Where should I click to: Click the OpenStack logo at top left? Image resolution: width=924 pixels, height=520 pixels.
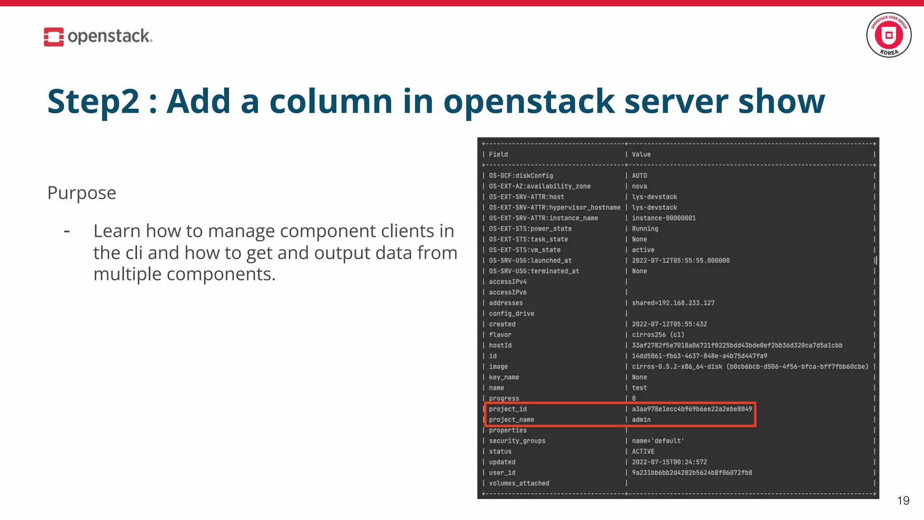click(98, 37)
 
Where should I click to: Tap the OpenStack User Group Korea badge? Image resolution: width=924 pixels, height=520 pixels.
click(888, 35)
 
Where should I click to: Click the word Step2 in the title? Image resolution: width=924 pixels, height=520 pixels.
click(93, 102)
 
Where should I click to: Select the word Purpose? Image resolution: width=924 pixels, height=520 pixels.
click(82, 193)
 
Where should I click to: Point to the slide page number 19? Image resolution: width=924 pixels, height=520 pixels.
click(903, 500)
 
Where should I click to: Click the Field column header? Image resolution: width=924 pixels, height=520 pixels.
click(498, 154)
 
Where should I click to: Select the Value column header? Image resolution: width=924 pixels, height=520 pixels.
click(641, 154)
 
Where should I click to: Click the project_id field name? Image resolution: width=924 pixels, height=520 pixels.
click(508, 409)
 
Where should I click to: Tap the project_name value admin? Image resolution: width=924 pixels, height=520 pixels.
click(641, 420)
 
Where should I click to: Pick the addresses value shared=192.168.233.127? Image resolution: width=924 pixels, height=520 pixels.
click(673, 303)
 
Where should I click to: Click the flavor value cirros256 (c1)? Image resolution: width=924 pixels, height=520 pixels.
click(658, 335)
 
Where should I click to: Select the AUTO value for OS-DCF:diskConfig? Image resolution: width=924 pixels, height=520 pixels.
click(639, 176)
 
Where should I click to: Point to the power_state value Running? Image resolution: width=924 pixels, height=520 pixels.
click(645, 229)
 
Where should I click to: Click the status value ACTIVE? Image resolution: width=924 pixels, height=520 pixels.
click(643, 451)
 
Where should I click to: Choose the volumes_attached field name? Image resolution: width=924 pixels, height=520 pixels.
click(519, 483)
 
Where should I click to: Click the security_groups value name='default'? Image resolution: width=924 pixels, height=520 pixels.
click(658, 441)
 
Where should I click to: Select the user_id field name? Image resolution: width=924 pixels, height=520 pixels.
click(502, 473)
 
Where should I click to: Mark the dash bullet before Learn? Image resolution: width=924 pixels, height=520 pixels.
click(67, 232)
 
